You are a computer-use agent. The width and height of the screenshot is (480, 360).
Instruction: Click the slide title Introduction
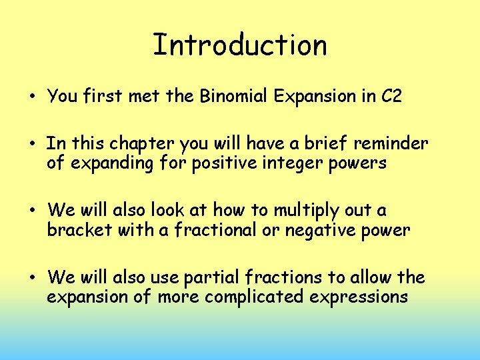pos(240,45)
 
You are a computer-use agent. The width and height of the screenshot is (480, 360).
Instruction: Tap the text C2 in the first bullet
pos(392,96)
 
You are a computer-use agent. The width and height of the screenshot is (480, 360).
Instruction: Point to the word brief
pos(319,143)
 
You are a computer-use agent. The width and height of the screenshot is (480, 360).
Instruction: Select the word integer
pos(291,163)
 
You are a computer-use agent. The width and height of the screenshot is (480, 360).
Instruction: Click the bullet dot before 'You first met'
pos(32,97)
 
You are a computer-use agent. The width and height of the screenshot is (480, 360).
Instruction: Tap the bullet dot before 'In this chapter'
pos(32,144)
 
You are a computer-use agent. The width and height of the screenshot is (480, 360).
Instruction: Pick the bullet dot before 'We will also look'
pos(32,211)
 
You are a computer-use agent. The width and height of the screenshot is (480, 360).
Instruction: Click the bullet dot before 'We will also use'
pos(32,277)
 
